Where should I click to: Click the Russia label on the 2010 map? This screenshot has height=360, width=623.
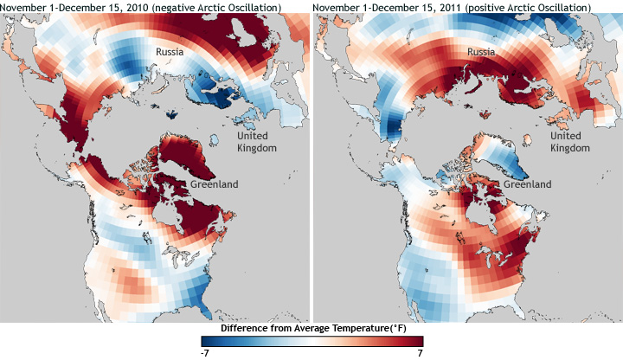click(170, 53)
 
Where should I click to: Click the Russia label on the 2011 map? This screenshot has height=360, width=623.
click(481, 53)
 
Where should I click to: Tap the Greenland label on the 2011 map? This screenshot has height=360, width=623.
click(526, 184)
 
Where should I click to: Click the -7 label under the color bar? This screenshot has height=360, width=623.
click(203, 353)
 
